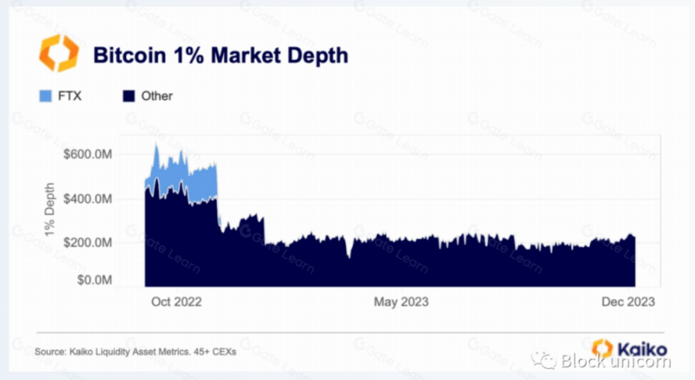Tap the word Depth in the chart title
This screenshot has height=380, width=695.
click(316, 56)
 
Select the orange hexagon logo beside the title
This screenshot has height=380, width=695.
click(59, 53)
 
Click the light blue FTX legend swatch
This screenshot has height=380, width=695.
click(44, 96)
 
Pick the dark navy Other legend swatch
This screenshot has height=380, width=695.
click(128, 96)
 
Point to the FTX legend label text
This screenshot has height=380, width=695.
click(69, 96)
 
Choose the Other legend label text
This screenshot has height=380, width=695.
click(157, 96)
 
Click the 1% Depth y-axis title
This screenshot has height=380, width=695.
click(51, 208)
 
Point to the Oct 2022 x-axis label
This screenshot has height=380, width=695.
click(176, 302)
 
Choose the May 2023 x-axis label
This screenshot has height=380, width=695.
click(401, 302)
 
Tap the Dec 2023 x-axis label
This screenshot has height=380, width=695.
click(627, 302)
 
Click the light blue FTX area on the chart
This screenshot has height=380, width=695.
click(203, 179)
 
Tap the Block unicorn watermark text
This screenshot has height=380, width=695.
click(616, 361)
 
